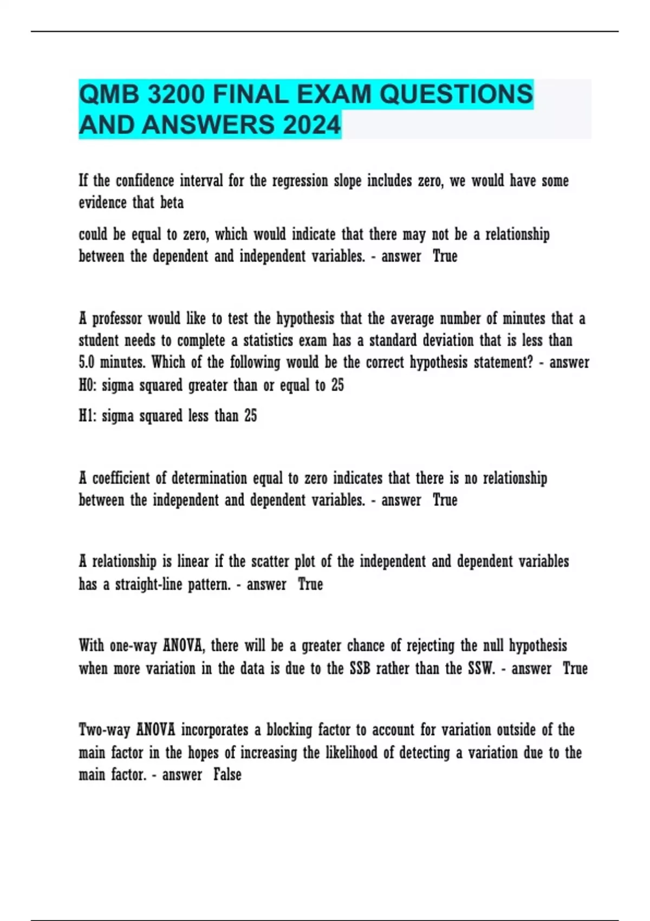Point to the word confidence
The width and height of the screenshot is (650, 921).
coord(145,180)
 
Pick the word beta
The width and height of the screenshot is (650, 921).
coord(172,203)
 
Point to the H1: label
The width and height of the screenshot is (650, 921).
coord(87,416)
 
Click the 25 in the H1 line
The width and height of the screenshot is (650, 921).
coord(250,416)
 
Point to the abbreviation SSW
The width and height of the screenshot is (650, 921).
coord(481,668)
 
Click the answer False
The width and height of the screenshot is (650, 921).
coord(227,774)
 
